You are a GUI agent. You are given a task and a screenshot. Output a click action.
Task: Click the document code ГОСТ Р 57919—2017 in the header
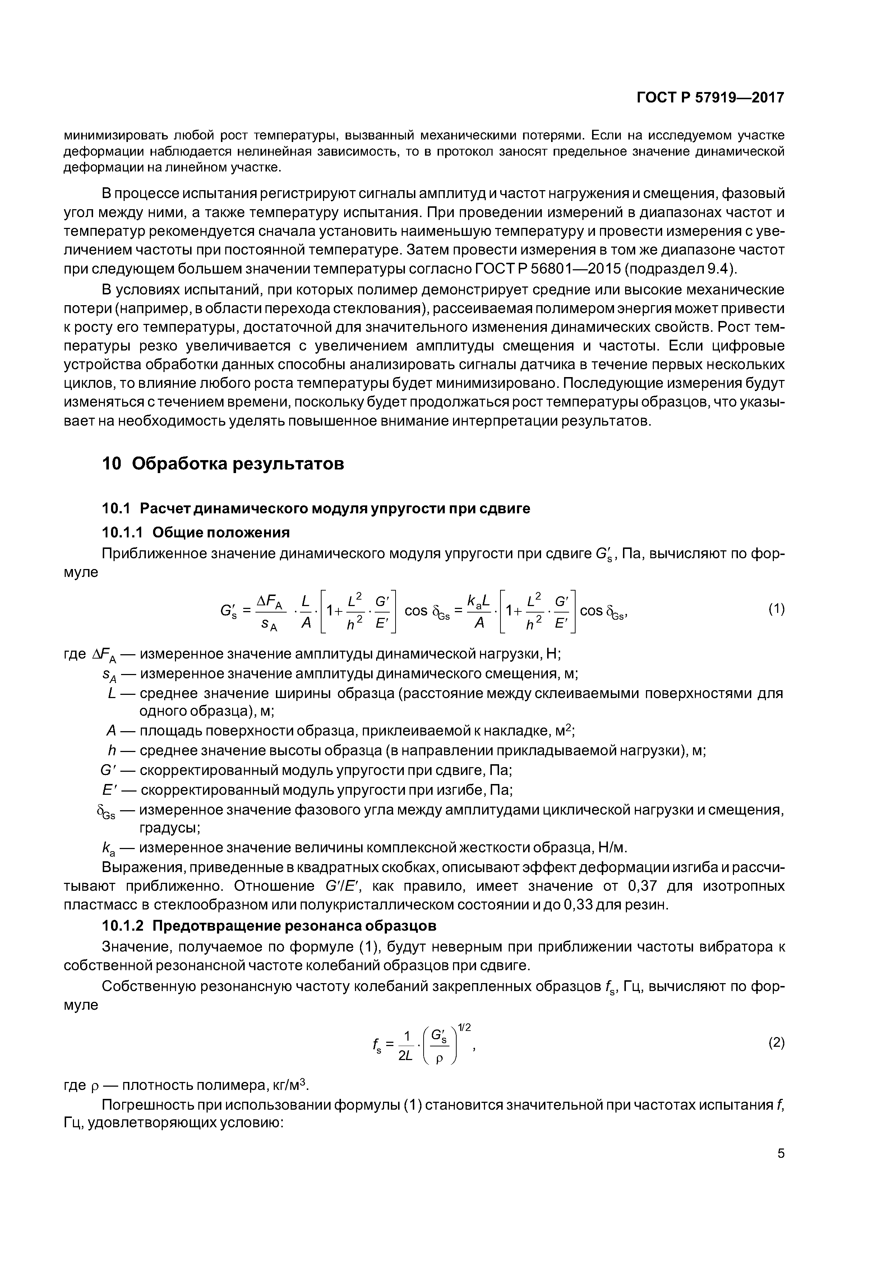click(x=710, y=98)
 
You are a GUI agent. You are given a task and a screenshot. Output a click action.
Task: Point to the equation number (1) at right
click(x=776, y=609)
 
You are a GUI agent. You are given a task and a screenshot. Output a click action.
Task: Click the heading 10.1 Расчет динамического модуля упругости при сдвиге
click(x=316, y=509)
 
